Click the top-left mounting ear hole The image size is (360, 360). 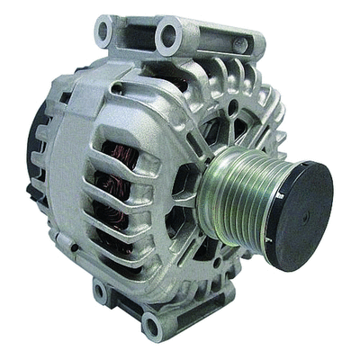point(105,31)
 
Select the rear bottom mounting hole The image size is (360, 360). point(100,292)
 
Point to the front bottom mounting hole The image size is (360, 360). point(152,322)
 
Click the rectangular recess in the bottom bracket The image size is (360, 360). point(126,305)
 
